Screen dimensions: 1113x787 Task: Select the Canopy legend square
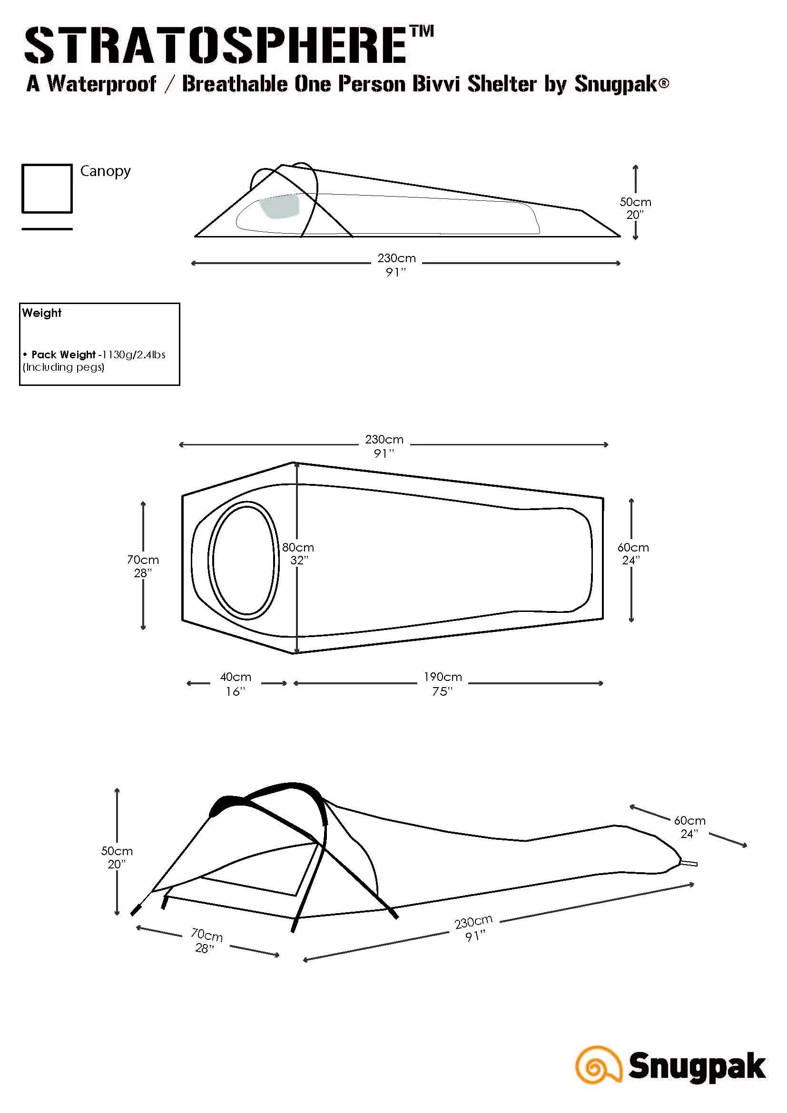(x=47, y=188)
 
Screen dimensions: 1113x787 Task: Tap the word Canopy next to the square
(x=105, y=171)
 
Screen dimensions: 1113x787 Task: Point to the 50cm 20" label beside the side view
(x=635, y=208)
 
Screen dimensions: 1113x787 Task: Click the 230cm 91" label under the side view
(x=396, y=265)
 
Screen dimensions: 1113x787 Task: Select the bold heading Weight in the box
(x=42, y=313)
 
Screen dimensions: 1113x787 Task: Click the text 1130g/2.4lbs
(x=134, y=355)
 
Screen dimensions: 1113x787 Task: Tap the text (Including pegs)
(x=63, y=367)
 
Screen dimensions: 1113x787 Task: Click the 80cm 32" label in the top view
(x=298, y=553)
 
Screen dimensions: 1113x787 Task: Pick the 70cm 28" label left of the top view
(x=142, y=566)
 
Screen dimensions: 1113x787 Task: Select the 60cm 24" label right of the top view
(x=632, y=553)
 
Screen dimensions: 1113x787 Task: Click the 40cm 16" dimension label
(x=236, y=683)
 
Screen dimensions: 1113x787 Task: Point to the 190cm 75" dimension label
(x=443, y=683)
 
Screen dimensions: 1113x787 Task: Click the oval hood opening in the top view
(x=244, y=560)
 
